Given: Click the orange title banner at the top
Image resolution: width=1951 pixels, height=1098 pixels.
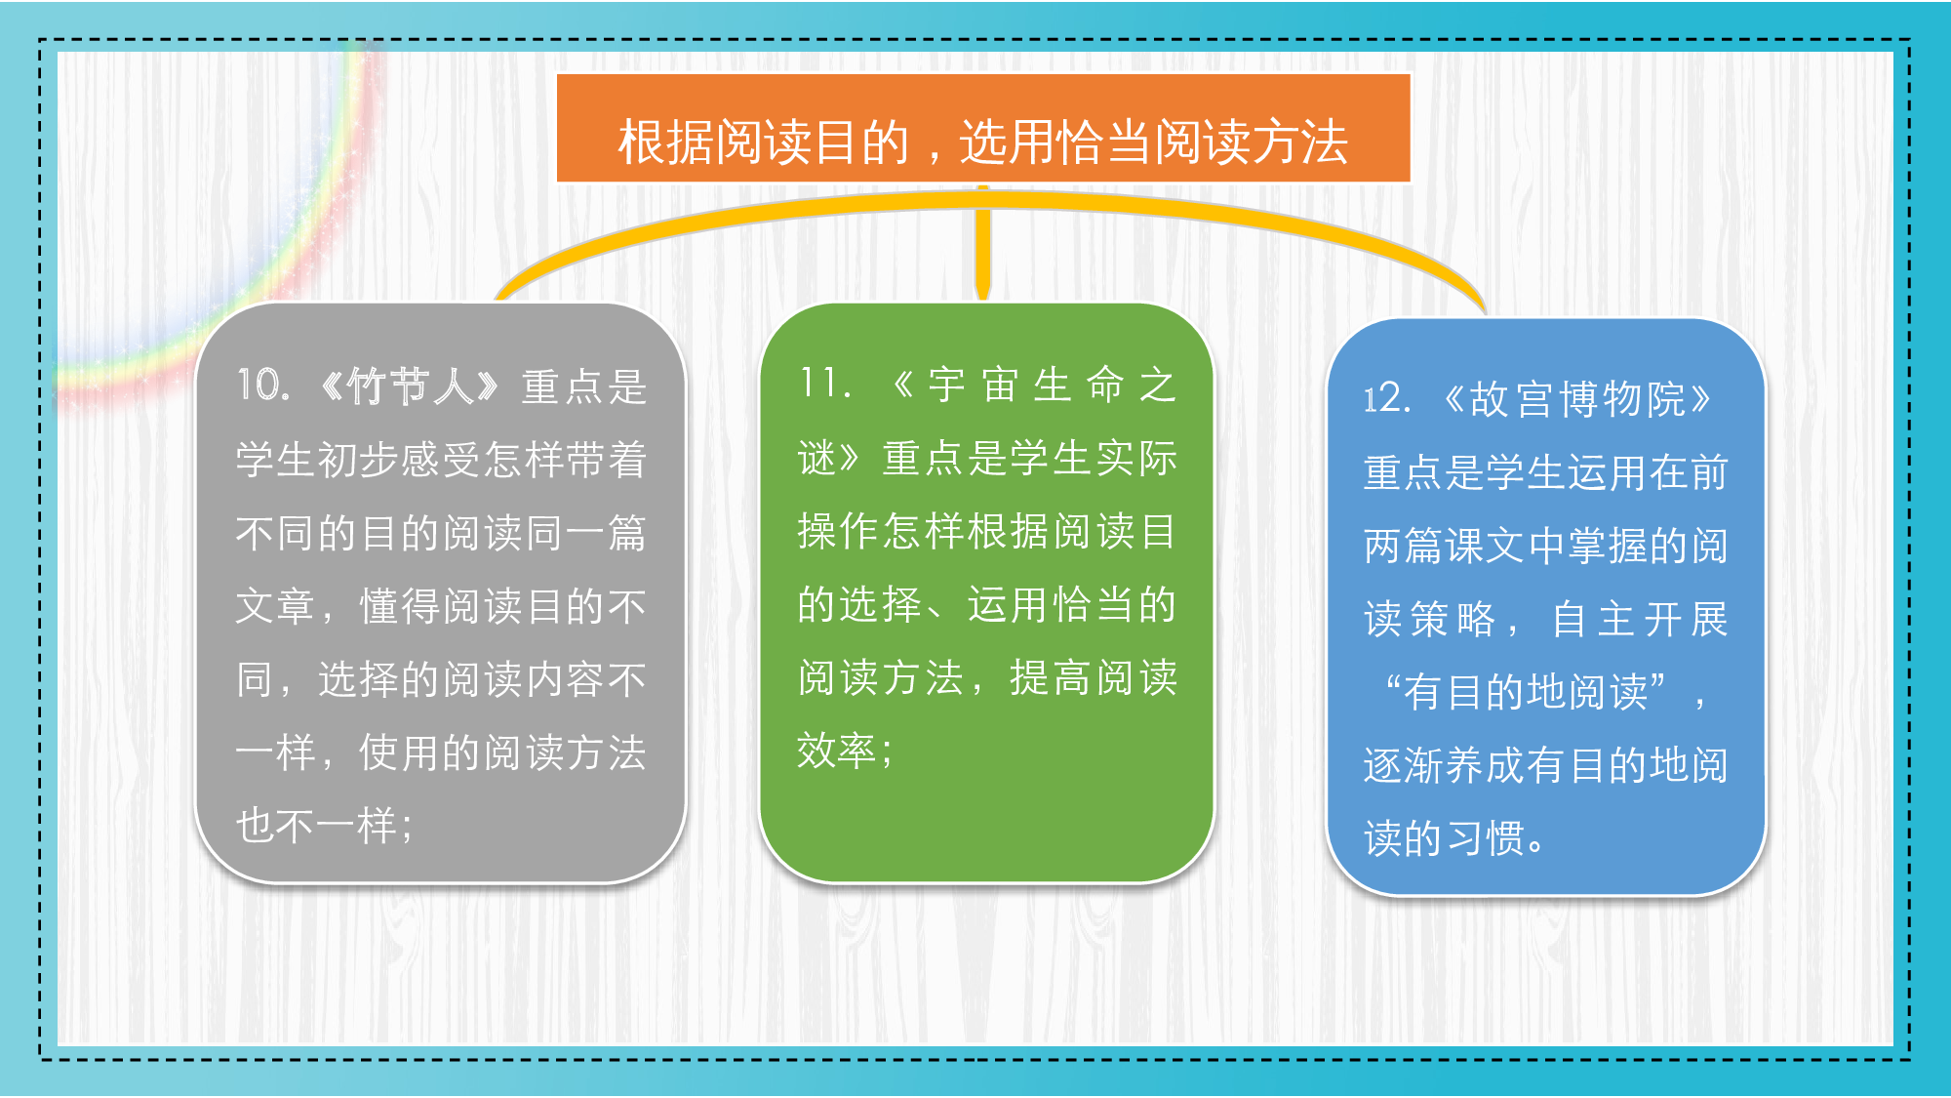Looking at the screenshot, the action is point(983,128).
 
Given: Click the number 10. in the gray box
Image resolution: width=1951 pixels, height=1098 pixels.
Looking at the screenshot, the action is point(263,386).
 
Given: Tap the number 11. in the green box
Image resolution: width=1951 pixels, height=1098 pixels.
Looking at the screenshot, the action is point(825,383).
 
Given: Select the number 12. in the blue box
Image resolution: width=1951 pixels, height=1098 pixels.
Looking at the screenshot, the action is point(1387,398).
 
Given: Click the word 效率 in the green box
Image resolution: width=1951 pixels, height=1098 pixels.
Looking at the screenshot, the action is point(837,751).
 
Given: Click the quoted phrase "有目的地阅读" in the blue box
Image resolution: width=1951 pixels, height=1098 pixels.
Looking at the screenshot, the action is point(1526,692).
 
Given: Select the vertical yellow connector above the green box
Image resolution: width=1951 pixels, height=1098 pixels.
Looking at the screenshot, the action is point(983,242).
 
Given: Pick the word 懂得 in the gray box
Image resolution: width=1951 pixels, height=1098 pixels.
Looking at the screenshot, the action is point(400,606).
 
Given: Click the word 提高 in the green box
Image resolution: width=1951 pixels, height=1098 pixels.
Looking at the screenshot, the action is point(1051,677).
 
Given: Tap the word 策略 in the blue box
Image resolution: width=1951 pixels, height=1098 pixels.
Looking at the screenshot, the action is point(1453,619).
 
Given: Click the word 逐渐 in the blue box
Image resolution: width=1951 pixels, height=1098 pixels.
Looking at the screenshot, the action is point(1404,765).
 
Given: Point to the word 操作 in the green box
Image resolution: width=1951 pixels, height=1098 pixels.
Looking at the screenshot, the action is point(840,531).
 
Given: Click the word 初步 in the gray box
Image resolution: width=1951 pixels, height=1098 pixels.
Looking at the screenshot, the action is point(359,460).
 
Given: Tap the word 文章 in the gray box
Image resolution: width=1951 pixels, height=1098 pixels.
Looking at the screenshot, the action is point(276,606).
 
